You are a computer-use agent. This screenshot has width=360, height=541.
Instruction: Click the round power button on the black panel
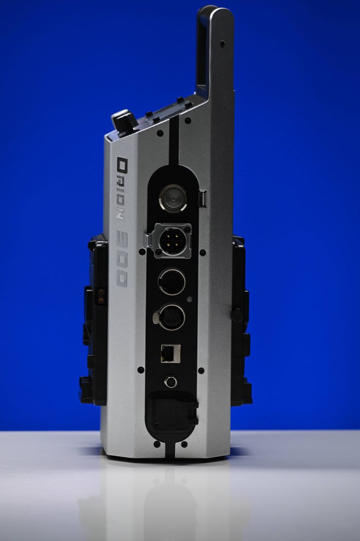pyautogui.click(x=173, y=198)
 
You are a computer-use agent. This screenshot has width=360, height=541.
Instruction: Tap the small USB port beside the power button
pyautogui.click(x=202, y=198)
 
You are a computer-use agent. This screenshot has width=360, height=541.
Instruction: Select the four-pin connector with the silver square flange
pyautogui.click(x=172, y=241)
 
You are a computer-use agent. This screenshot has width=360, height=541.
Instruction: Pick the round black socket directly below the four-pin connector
pyautogui.click(x=172, y=282)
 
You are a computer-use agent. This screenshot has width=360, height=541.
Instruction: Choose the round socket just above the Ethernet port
pyautogui.click(x=171, y=317)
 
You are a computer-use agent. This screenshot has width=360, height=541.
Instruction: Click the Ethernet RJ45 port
pyautogui.click(x=170, y=353)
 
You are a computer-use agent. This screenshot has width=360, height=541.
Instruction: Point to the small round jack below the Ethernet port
pyautogui.click(x=170, y=381)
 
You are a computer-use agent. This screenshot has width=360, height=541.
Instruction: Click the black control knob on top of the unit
pyautogui.click(x=125, y=122)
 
